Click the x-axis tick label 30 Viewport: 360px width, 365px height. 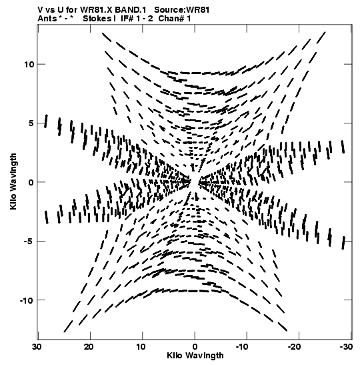(37, 347)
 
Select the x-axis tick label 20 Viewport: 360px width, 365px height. (89, 347)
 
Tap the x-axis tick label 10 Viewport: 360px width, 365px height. (141, 347)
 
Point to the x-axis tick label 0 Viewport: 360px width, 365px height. (195, 347)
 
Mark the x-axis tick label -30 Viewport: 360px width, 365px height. (347, 347)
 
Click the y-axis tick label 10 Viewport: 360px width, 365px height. (29, 64)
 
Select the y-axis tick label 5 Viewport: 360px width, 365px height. (31, 123)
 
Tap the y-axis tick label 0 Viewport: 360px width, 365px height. (31, 182)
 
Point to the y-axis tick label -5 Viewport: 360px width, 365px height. (29, 241)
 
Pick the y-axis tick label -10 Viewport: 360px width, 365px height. (27, 300)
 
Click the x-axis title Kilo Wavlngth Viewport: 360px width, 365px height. (195, 356)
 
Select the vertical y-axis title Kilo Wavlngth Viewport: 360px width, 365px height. (13, 181)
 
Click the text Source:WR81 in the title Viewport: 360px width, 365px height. (182, 10)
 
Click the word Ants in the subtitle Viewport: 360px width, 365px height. (47, 19)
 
